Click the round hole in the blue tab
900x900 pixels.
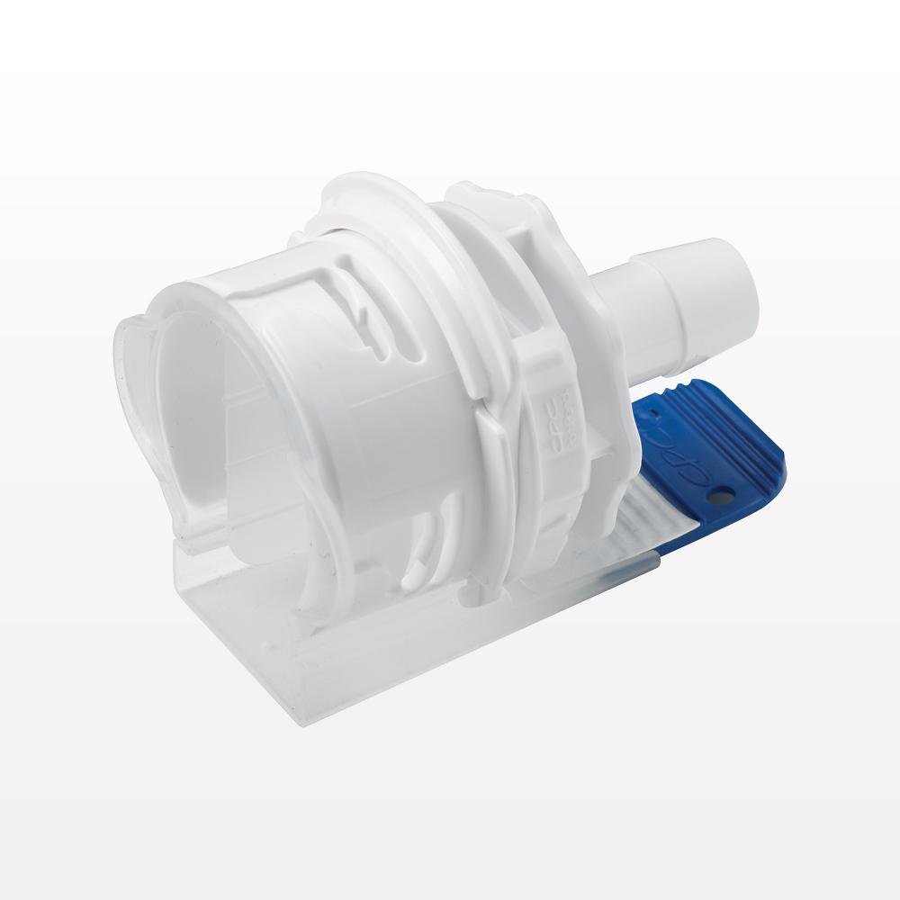click(720, 494)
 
